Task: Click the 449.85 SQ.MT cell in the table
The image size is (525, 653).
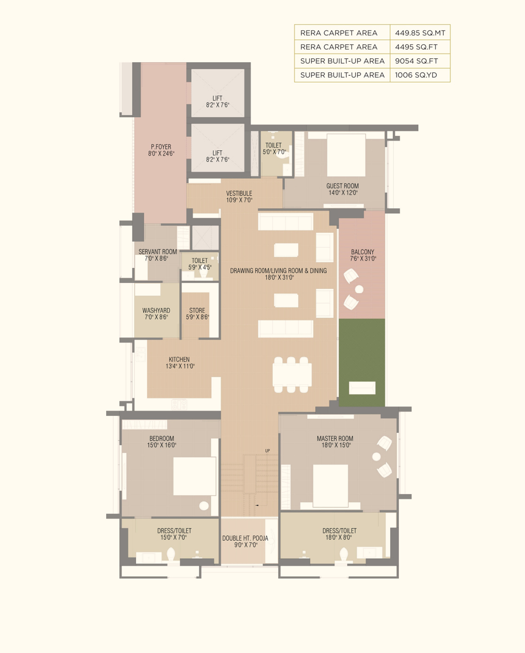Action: pyautogui.click(x=420, y=33)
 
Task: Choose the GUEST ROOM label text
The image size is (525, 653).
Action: pyautogui.click(x=343, y=186)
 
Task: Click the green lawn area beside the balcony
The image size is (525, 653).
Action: pyautogui.click(x=362, y=362)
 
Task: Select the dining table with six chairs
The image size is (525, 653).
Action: pyautogui.click(x=292, y=375)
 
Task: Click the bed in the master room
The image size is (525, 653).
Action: pyautogui.click(x=330, y=486)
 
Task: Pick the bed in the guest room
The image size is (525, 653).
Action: pyautogui.click(x=346, y=155)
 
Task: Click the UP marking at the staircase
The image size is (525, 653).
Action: pyautogui.click(x=267, y=450)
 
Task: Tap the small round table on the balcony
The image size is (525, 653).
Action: pyautogui.click(x=359, y=289)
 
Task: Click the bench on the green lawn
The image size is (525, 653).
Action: pyautogui.click(x=362, y=388)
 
